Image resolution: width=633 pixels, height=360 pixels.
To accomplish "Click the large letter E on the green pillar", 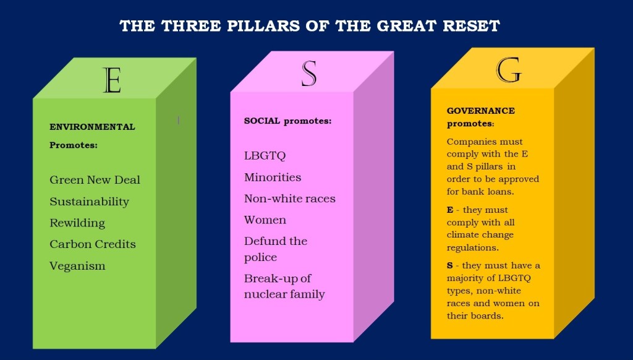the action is click(112, 80).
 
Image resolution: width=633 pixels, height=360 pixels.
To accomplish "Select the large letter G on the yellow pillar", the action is click(509, 70).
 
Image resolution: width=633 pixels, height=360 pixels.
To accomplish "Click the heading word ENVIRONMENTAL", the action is click(92, 127).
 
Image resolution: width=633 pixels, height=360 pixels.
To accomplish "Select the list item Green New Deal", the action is click(95, 180).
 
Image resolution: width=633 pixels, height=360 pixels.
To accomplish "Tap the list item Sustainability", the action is click(89, 202).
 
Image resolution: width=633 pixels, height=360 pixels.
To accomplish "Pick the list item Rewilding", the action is click(77, 223).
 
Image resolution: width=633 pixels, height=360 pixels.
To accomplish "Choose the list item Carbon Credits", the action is click(93, 244).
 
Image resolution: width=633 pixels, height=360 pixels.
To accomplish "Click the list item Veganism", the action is click(77, 266).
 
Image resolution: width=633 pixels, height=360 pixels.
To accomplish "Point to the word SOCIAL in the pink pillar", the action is click(262, 121).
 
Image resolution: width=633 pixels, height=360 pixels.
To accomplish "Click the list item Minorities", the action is click(273, 178).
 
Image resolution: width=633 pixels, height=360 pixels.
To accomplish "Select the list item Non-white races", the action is click(289, 199).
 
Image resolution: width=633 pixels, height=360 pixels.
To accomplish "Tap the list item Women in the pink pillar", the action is click(265, 220).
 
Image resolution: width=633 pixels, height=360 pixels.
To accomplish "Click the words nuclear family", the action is click(284, 294).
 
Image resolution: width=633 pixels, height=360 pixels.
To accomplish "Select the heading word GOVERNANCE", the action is click(480, 111).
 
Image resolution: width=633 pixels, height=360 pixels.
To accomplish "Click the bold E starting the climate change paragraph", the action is click(450, 210).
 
